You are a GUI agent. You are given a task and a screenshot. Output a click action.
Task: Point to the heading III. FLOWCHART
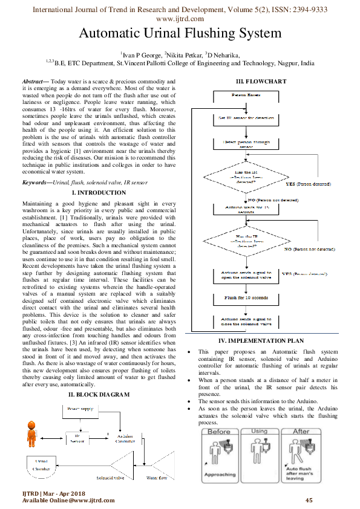260,82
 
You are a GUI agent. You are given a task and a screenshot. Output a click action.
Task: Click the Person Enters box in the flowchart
246,96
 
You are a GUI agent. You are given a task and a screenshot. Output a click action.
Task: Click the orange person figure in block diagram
31,433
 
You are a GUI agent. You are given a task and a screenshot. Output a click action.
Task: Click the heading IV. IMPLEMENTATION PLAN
260,341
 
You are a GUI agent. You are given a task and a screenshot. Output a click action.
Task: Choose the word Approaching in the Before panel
220,475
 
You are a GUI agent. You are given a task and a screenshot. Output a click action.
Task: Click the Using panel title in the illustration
258,431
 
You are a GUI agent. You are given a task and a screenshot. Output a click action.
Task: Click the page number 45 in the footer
309,500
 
